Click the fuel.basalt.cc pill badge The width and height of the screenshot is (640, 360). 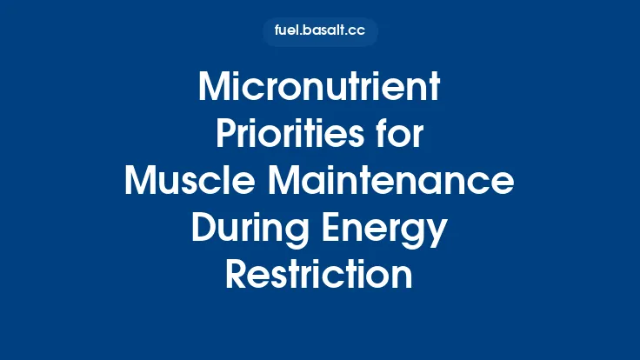320,32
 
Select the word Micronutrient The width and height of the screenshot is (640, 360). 320,88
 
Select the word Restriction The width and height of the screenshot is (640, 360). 320,276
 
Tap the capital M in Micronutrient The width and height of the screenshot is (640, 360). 215,88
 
